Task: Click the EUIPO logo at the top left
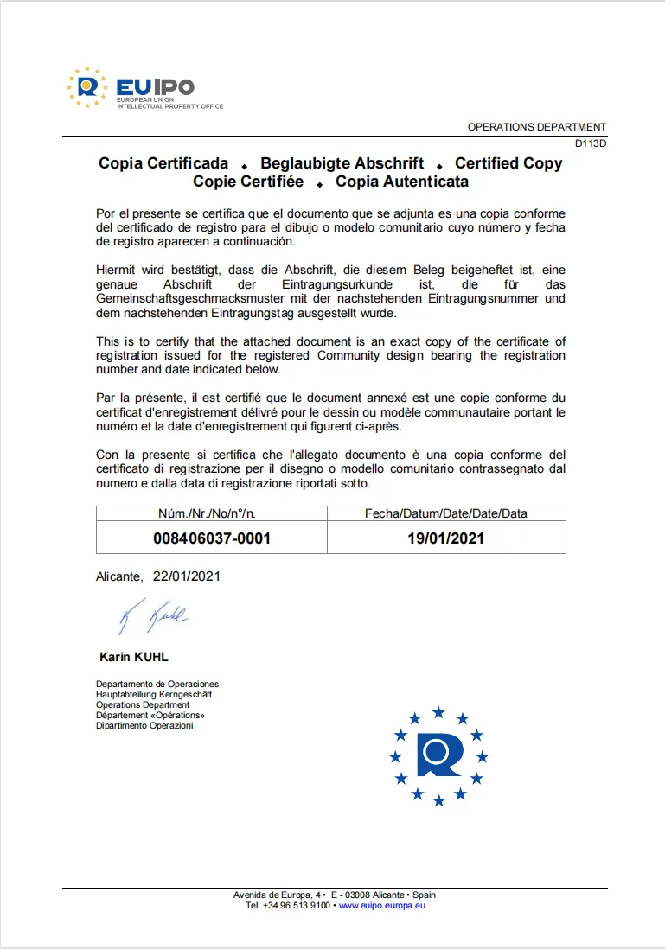click(x=144, y=88)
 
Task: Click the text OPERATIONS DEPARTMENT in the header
click(x=537, y=127)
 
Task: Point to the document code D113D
click(x=591, y=144)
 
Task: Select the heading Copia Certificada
click(x=163, y=163)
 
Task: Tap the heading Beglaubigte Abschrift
click(x=342, y=163)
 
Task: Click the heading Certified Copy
click(x=508, y=163)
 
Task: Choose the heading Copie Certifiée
click(x=248, y=182)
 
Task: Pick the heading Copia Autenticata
click(x=402, y=182)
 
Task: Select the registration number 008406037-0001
click(x=212, y=538)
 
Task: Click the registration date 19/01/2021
click(x=446, y=538)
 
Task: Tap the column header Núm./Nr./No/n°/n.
click(x=212, y=513)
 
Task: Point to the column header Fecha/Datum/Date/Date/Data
click(x=446, y=513)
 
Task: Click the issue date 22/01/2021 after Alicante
click(x=187, y=576)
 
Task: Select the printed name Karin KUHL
click(x=134, y=657)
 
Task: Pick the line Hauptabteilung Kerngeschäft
click(x=153, y=694)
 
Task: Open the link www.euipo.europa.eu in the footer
click(x=381, y=905)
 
